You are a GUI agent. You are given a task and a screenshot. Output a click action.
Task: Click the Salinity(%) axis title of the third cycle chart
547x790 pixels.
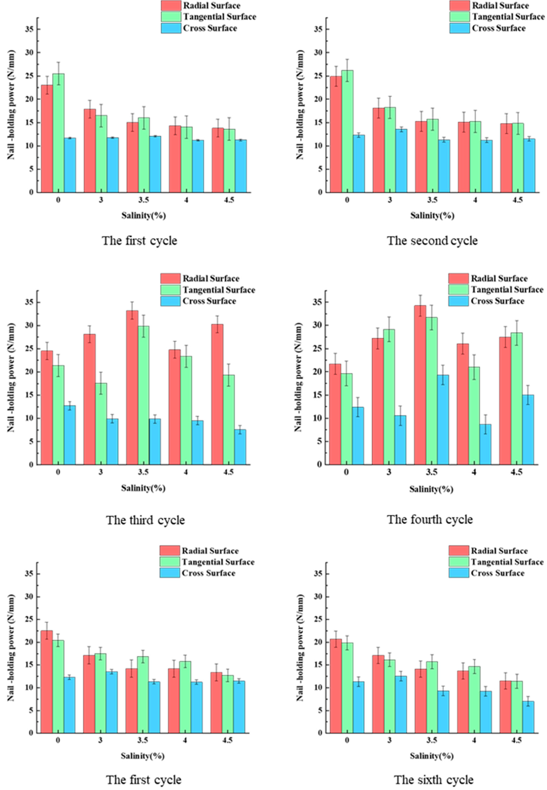click(x=143, y=488)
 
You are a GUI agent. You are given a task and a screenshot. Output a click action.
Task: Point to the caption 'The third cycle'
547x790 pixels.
click(x=145, y=520)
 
